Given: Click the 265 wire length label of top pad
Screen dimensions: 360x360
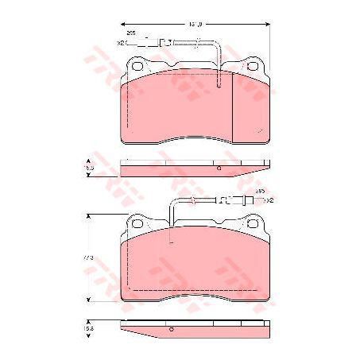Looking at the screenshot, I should coord(131,33).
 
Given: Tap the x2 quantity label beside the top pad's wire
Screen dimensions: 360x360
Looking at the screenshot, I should coord(121,42).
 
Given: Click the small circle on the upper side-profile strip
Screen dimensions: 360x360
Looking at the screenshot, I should coord(218,168).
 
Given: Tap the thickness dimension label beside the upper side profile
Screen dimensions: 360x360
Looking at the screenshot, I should coord(89,168).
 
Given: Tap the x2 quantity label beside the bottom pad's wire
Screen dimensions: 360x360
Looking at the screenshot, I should coord(269,200).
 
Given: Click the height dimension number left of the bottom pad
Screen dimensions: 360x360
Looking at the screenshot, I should coord(90,259).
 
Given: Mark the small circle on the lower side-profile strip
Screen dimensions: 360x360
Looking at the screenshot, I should coord(171,327).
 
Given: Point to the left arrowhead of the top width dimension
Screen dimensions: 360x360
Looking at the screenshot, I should coord(122,25).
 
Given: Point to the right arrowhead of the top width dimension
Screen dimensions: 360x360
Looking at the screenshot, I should coord(266,25).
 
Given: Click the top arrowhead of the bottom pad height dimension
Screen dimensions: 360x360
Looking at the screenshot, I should coord(89,216).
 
